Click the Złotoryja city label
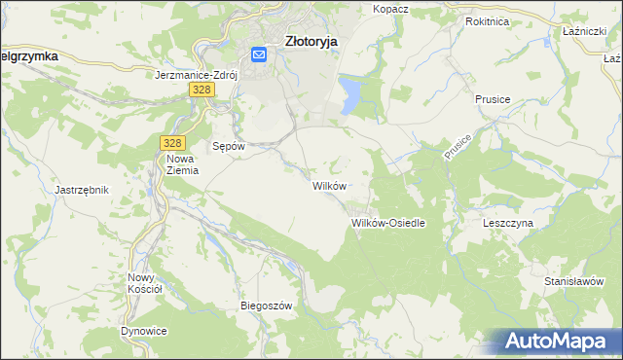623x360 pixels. coord(311,42)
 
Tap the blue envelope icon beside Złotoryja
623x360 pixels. coord(260,55)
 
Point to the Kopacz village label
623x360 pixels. coord(390,9)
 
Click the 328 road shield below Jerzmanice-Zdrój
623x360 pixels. coord(201,90)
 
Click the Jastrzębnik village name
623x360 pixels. coord(83,190)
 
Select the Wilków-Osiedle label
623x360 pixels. coord(388,223)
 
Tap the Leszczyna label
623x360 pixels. coord(508,223)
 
